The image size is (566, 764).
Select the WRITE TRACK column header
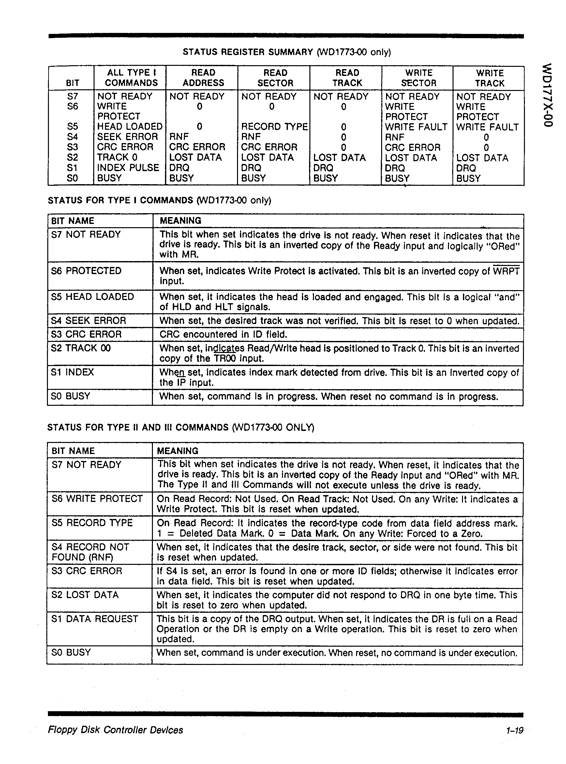(489, 78)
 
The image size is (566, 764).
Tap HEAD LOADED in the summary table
(129, 127)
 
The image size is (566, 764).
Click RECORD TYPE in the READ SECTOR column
(274, 127)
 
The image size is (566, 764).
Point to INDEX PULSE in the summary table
(128, 168)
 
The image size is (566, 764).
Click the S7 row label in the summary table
(73, 96)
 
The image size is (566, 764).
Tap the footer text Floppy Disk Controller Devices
(115, 730)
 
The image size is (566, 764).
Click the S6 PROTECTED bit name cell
(86, 271)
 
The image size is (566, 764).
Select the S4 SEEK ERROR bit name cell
(88, 321)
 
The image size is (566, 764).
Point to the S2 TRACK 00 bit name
(81, 348)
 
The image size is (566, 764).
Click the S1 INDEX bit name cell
(72, 372)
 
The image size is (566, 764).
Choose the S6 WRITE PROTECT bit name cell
(97, 499)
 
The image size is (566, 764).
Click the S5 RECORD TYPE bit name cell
(92, 522)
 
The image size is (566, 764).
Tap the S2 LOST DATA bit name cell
(85, 595)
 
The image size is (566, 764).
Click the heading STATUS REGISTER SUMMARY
(247, 52)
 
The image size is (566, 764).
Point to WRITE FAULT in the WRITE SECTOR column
(416, 127)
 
